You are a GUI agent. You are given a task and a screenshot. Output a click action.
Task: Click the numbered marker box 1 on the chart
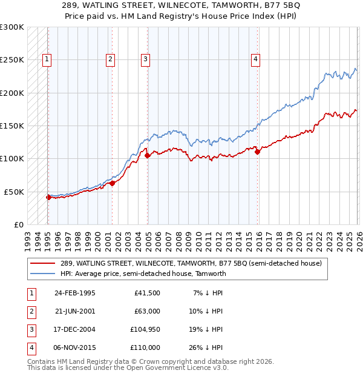[47, 59]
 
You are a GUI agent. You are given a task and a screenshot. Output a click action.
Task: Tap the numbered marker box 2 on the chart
[110, 59]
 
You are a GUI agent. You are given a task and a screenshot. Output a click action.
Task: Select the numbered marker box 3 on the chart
[146, 59]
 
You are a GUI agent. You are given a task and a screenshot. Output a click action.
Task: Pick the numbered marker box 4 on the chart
[256, 59]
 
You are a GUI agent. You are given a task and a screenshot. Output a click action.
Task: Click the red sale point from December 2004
[147, 156]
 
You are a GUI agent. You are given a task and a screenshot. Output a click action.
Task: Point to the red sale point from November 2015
[257, 152]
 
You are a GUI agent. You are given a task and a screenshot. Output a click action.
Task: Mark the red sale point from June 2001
[113, 183]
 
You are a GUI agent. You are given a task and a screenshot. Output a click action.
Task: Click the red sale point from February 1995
[48, 197]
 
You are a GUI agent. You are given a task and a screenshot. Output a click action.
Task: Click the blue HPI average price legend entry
[143, 274]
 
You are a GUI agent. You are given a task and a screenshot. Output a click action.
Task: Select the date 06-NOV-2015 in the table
[74, 347]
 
